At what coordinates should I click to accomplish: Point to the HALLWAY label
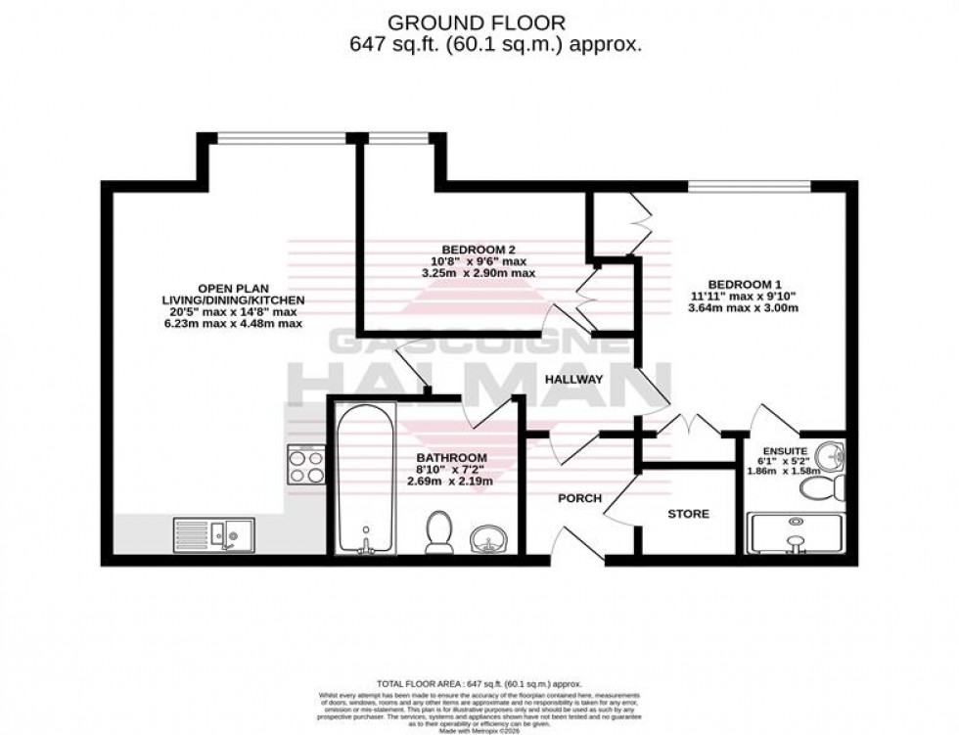coord(574,379)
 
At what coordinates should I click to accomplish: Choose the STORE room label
coord(688,514)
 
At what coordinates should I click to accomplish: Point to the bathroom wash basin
coord(487,539)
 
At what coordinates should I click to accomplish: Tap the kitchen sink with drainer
coord(214,535)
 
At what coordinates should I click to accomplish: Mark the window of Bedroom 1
coord(750,187)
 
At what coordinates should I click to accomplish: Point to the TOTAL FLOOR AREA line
coord(479,683)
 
